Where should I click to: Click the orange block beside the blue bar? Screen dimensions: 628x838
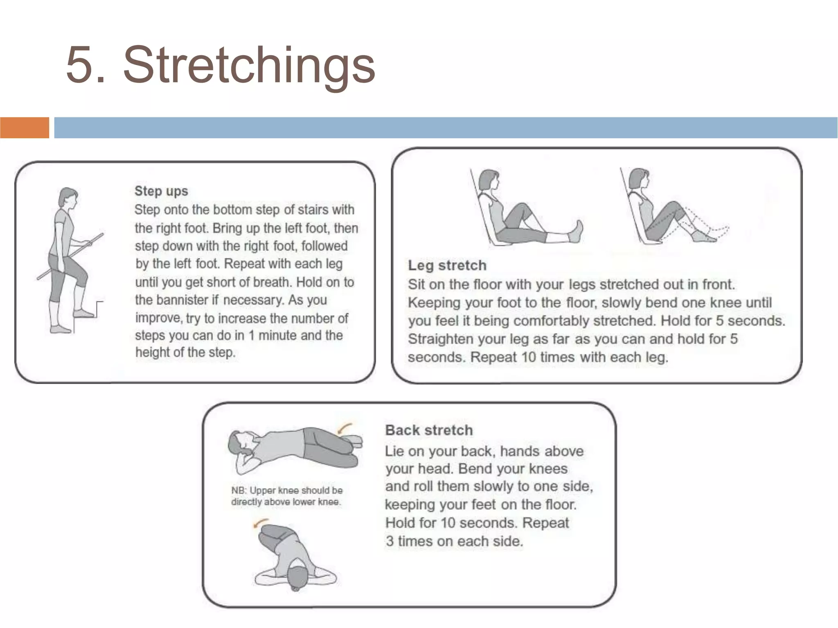click(25, 127)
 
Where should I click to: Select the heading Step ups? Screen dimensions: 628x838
click(161, 191)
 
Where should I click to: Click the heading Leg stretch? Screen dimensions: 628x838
click(447, 265)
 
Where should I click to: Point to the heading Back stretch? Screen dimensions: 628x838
click(429, 430)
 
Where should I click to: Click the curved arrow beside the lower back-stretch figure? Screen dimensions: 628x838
click(260, 524)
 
